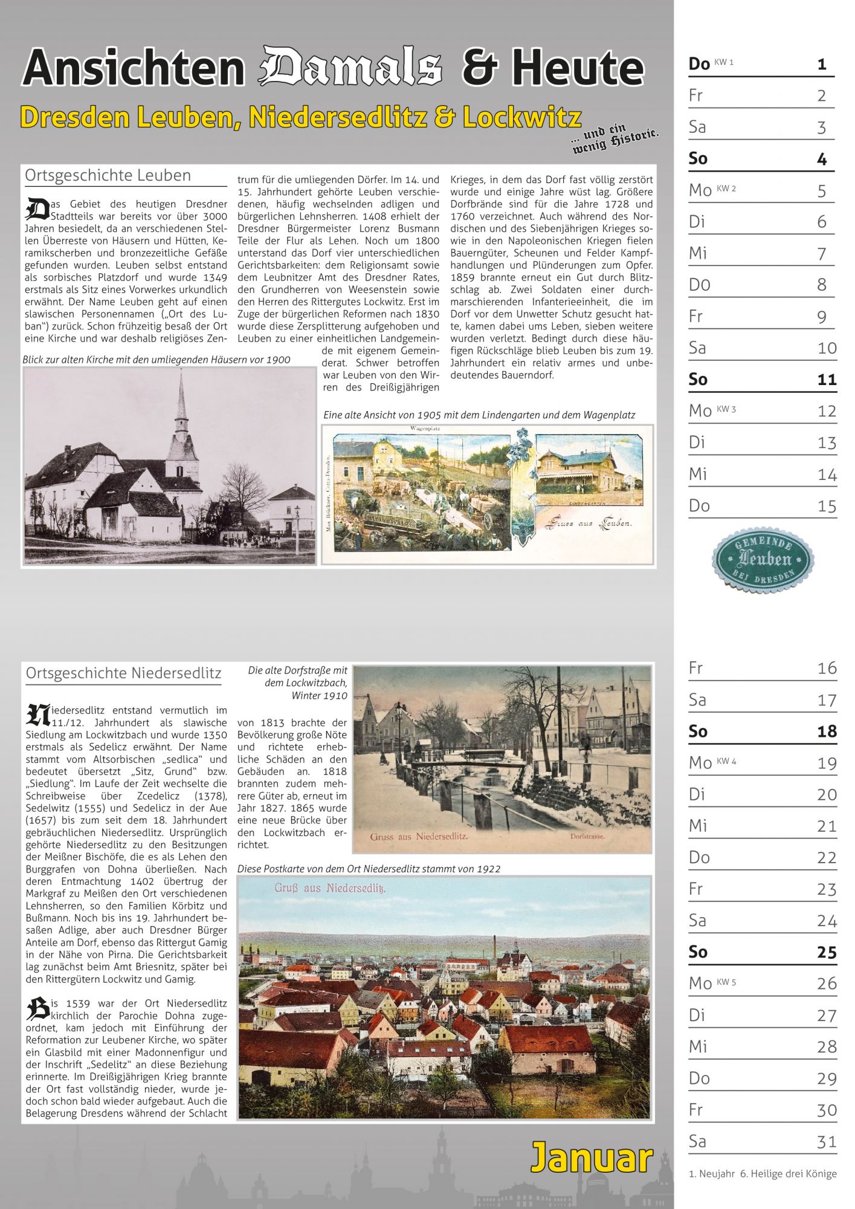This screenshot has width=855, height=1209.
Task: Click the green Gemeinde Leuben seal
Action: coord(763,559)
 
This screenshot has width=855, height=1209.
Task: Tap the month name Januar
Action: coord(592,1158)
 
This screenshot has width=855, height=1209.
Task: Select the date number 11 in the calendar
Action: coord(827,380)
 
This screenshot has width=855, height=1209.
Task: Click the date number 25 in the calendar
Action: coord(827,952)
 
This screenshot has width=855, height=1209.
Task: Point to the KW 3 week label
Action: coord(726,409)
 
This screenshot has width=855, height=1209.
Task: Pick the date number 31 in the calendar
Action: coord(827,1141)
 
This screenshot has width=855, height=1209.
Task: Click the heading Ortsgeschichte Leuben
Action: coord(108,176)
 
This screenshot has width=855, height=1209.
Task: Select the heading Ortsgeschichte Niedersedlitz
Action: coord(123,673)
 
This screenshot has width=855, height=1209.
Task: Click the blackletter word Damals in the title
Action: coord(350,66)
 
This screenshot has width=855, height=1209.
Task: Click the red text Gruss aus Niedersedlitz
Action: coord(419,837)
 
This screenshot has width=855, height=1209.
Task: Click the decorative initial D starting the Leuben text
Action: coord(37,209)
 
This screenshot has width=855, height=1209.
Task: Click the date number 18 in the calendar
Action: coord(827,731)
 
